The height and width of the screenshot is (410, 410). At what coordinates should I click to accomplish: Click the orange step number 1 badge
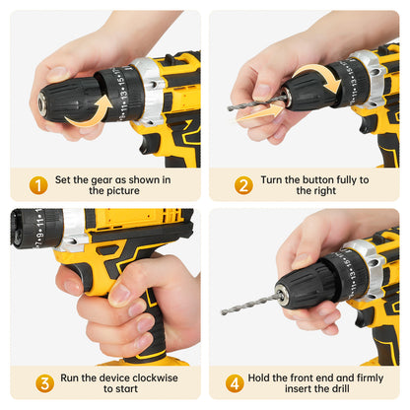click(38, 185)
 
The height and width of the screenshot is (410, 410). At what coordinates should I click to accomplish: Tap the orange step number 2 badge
click(243, 185)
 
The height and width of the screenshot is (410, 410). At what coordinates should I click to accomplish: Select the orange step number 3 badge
click(45, 383)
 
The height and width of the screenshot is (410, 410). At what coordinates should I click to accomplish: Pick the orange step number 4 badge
click(235, 383)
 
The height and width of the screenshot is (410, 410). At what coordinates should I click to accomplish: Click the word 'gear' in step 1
click(102, 180)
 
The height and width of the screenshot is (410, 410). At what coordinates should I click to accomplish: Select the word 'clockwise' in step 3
click(156, 377)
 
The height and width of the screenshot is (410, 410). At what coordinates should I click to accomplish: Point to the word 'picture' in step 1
click(121, 191)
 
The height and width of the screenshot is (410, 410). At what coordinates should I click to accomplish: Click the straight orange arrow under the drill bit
click(259, 113)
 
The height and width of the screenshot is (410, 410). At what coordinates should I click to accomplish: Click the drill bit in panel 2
click(256, 102)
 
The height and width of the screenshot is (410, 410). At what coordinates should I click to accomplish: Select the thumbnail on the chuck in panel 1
click(57, 74)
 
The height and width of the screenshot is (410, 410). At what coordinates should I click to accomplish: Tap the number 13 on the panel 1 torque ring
click(124, 94)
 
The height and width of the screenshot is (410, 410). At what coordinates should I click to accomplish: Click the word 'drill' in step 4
click(340, 388)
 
